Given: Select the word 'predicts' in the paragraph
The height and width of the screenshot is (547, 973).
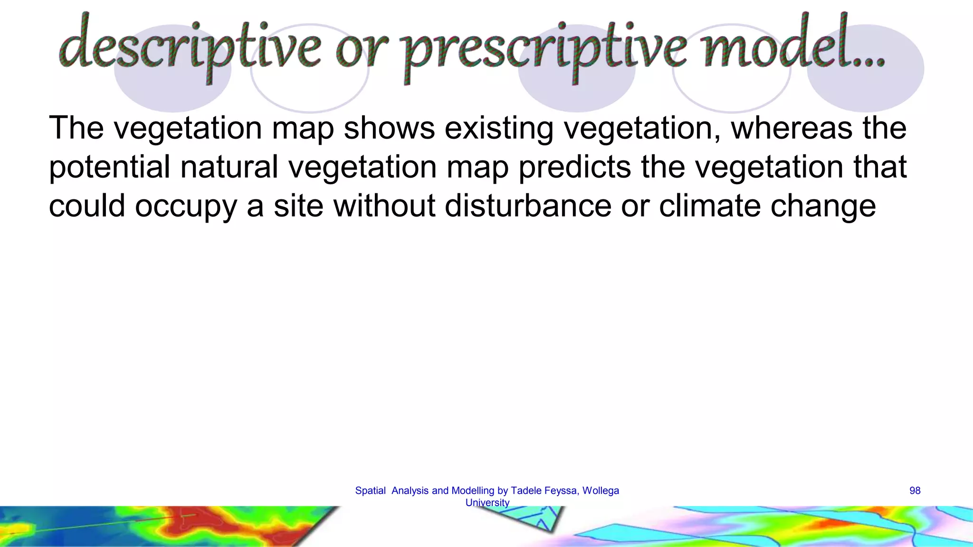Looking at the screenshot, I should pyautogui.click(x=574, y=168).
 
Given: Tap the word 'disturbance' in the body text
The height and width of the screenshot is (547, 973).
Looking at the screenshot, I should pyautogui.click(x=528, y=207).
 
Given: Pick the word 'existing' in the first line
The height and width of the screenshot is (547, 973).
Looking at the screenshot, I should pyautogui.click(x=499, y=129).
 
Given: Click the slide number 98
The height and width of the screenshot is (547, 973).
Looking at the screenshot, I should pyautogui.click(x=915, y=491).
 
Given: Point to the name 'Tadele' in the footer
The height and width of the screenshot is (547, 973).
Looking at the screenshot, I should pyautogui.click(x=525, y=491).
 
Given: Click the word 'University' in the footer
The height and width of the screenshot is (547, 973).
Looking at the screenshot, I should pyautogui.click(x=487, y=503).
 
